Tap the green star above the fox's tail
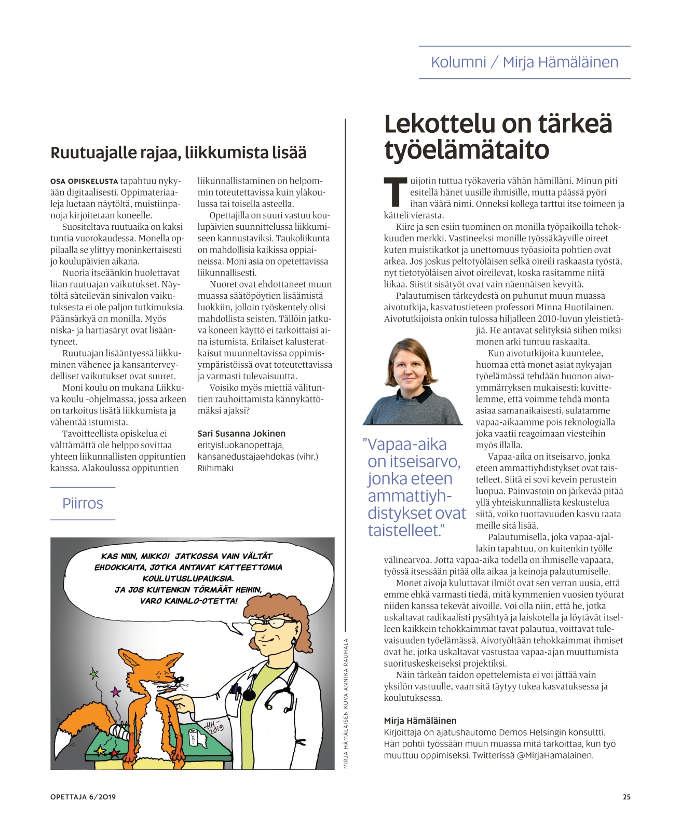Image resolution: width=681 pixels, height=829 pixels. click(x=94, y=674)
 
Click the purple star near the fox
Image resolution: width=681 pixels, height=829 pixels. click(x=116, y=692)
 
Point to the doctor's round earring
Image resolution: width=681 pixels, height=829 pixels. click(x=293, y=642)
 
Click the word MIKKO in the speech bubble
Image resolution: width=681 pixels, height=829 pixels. click(x=155, y=556)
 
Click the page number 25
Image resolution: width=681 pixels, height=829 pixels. click(x=626, y=797)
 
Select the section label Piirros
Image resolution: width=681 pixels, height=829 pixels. click(x=83, y=503)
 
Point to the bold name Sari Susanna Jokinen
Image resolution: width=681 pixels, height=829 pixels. click(x=241, y=433)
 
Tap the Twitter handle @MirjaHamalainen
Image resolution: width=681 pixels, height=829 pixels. click(x=555, y=755)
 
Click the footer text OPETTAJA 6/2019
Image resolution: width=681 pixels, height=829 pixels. click(x=83, y=797)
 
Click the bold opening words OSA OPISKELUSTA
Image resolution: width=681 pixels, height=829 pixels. click(x=84, y=181)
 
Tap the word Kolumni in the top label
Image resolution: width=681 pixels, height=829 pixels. click(x=458, y=62)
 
